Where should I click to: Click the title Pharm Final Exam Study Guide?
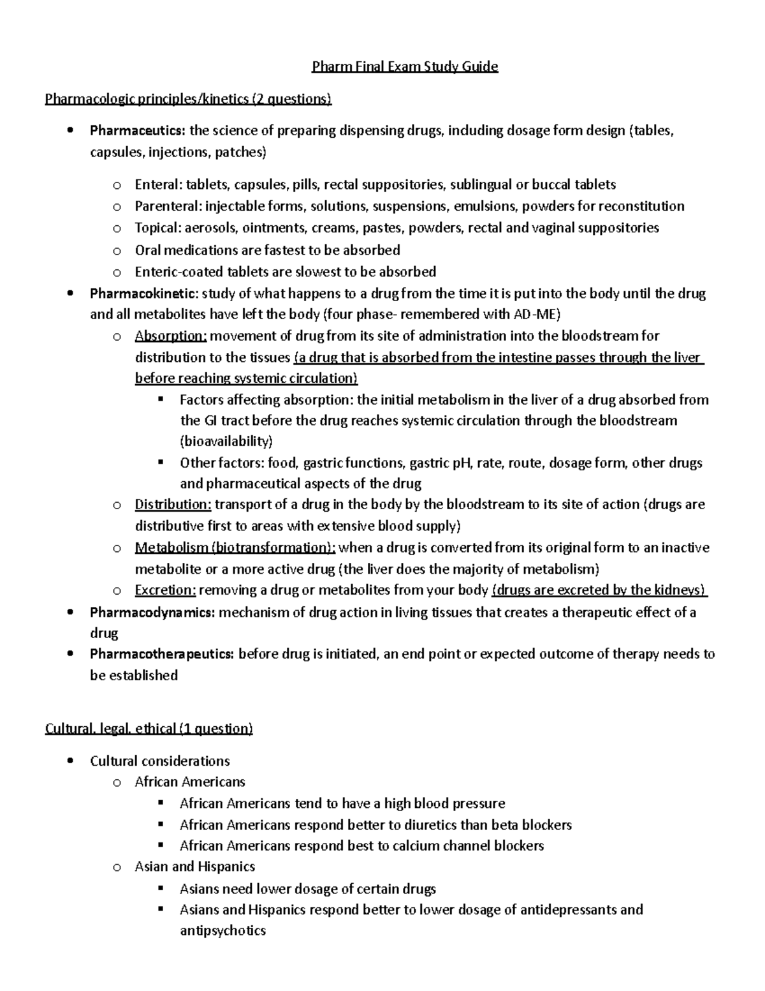click(x=404, y=66)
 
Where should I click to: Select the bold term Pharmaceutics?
click(x=138, y=131)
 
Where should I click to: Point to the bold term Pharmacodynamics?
click(x=152, y=613)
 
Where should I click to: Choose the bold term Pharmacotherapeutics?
click(x=162, y=653)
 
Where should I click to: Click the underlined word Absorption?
click(x=171, y=336)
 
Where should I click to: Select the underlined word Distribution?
click(x=173, y=504)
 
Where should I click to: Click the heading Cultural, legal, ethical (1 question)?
click(x=149, y=729)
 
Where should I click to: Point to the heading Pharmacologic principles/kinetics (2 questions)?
click(x=189, y=99)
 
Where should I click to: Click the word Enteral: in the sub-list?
click(x=158, y=185)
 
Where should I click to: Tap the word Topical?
click(x=157, y=228)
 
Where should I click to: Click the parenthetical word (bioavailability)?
click(x=226, y=442)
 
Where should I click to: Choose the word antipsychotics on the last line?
click(x=222, y=930)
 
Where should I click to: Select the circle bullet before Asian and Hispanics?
click(x=116, y=867)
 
